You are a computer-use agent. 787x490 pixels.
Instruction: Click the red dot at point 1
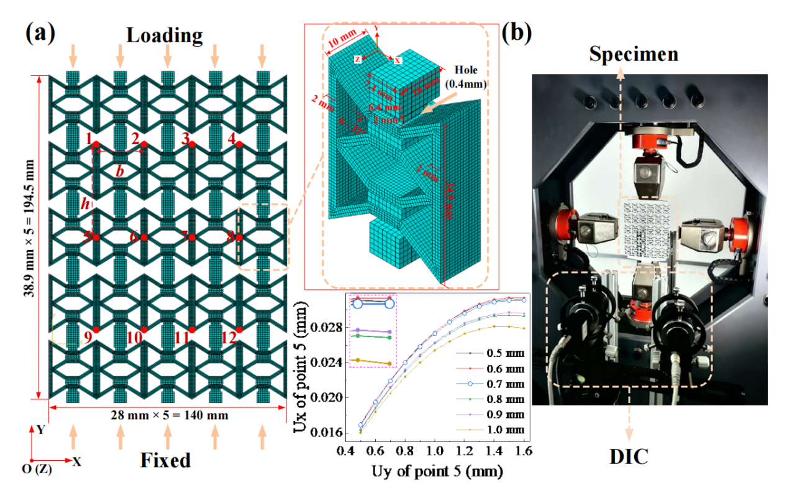96,145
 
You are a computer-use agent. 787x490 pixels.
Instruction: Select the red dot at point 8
239,237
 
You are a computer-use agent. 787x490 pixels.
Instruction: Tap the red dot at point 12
239,330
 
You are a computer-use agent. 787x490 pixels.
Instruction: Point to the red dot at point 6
144,237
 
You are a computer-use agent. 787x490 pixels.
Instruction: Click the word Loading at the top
165,35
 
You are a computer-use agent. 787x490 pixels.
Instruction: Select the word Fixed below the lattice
165,461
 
